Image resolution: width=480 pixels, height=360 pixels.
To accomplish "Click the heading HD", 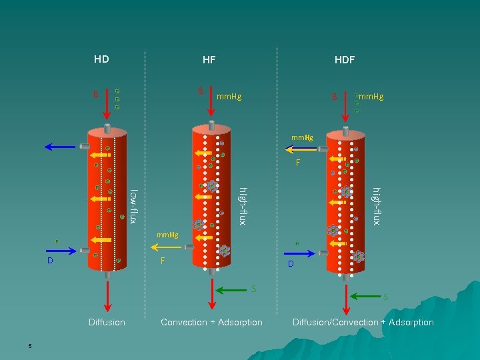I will click(x=101, y=59).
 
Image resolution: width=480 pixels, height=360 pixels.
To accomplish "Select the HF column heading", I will click(x=209, y=59).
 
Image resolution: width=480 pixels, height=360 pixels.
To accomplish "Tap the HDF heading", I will click(x=345, y=59).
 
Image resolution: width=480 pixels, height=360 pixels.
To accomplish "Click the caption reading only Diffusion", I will click(x=107, y=323).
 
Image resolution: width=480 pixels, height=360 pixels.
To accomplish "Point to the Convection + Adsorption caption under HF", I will click(x=212, y=323).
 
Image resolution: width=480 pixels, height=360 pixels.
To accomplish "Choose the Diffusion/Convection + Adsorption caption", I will click(x=363, y=323).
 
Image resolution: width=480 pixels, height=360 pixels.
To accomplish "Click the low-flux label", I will click(x=134, y=206).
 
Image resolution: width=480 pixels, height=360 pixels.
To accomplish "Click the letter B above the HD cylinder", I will click(x=96, y=94).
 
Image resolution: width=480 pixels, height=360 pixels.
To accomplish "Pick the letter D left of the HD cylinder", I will click(x=50, y=260).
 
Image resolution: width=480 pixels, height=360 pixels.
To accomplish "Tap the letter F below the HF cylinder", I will click(x=163, y=261).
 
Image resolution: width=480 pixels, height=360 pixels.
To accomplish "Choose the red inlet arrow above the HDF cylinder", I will click(x=345, y=106).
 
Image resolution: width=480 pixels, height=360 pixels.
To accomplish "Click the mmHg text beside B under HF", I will click(x=229, y=97).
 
